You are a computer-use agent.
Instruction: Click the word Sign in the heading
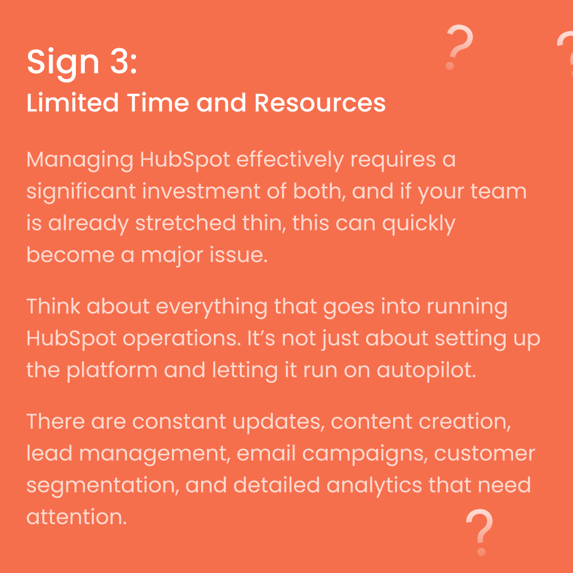click(x=63, y=62)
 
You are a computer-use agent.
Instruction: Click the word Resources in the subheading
click(x=320, y=103)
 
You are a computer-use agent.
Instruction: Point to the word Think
click(x=54, y=307)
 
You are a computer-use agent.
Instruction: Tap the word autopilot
click(x=426, y=370)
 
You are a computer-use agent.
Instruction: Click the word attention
click(x=76, y=517)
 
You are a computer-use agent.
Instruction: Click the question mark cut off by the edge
click(x=566, y=50)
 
